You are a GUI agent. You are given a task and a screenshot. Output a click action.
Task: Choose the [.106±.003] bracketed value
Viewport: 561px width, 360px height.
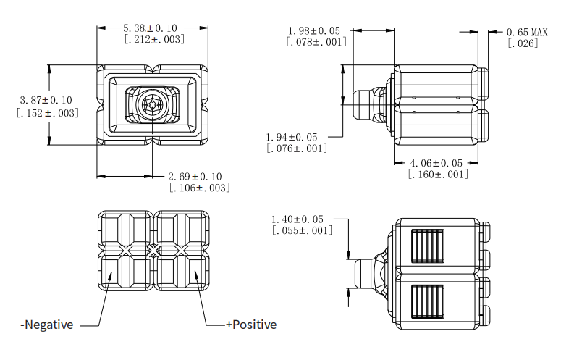(199, 188)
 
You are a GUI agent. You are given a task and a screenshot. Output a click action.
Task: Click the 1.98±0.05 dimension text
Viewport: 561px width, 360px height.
(316, 31)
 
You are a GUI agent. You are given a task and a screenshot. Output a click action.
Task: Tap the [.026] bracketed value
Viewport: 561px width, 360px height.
(522, 44)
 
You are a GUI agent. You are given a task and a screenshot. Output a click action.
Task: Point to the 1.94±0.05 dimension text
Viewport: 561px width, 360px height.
(296, 137)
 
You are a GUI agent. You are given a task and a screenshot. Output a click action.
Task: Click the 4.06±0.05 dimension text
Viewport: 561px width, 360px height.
(437, 163)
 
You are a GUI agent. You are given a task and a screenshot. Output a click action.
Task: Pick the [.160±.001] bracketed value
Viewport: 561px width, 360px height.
(437, 175)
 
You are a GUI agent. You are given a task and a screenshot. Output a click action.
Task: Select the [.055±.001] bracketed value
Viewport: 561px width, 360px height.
(302, 230)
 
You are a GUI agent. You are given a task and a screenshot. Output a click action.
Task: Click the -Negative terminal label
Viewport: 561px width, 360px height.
(46, 325)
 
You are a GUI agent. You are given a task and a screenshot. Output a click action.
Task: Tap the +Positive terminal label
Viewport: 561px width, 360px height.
(251, 325)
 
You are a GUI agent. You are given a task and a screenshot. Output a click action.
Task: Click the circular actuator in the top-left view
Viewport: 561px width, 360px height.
(153, 106)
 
